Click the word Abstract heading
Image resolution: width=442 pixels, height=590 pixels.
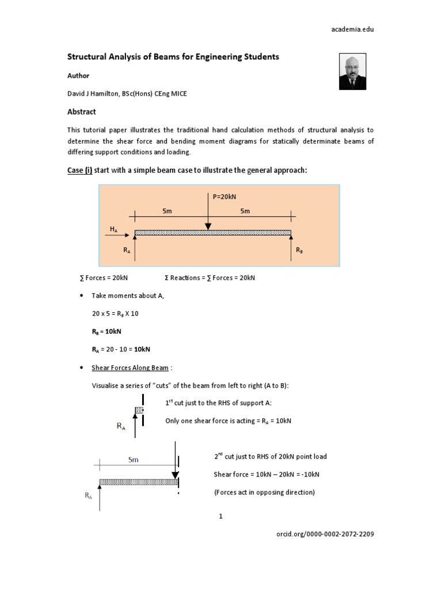click(x=82, y=112)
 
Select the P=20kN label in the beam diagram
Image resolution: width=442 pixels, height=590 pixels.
click(x=224, y=196)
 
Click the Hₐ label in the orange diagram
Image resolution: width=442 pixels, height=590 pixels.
click(x=113, y=229)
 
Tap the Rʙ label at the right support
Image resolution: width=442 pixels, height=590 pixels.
click(x=299, y=251)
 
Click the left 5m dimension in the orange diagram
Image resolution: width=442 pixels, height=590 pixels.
click(x=167, y=211)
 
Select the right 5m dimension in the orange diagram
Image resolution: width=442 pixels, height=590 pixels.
click(x=245, y=211)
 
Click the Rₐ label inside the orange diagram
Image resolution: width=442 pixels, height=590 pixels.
click(x=127, y=251)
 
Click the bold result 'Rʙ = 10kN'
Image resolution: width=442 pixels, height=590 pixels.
click(x=106, y=331)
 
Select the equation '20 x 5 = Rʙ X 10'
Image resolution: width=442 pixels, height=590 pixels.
click(x=115, y=313)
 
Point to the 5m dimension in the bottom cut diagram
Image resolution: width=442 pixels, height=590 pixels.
click(x=133, y=460)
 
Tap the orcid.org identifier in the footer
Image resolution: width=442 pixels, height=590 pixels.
click(x=326, y=534)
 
